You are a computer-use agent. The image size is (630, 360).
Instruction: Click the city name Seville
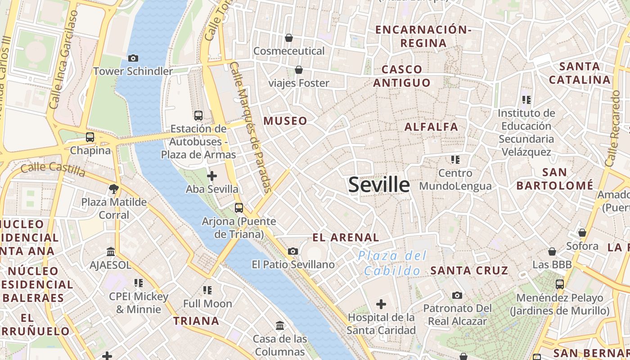(x=379, y=184)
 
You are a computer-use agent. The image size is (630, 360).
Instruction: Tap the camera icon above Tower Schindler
(x=133, y=58)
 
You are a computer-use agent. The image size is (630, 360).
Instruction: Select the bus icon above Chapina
(x=90, y=137)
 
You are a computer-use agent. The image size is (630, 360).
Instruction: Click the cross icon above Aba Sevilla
(x=212, y=176)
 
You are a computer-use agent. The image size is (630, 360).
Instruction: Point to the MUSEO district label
(x=285, y=121)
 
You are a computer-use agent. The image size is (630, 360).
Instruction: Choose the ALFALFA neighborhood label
(x=431, y=127)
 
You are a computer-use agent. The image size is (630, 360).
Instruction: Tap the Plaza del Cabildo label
(x=392, y=263)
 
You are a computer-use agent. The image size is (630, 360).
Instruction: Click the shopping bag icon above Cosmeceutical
(x=289, y=38)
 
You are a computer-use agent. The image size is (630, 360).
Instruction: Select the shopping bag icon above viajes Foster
(x=298, y=70)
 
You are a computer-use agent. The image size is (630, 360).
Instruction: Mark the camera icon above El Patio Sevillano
(x=293, y=251)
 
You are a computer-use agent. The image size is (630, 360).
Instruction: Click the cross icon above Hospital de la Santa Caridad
(x=381, y=305)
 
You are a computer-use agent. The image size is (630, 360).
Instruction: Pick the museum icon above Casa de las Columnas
(x=280, y=325)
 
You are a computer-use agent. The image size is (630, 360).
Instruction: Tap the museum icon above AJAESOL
(x=111, y=252)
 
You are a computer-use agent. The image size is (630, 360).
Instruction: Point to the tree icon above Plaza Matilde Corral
(x=114, y=189)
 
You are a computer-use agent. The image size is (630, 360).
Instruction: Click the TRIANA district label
(x=197, y=321)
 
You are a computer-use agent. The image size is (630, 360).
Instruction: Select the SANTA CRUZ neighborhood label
(x=469, y=270)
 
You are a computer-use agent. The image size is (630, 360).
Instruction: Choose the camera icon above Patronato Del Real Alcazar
(x=457, y=295)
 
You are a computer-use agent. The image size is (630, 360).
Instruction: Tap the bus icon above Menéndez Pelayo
(x=560, y=284)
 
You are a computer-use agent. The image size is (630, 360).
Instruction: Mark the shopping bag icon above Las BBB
(x=552, y=252)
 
